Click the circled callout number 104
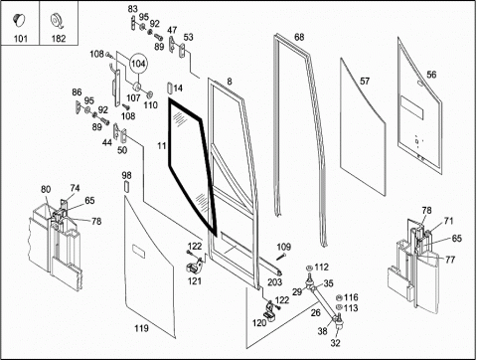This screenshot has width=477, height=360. click(138, 64)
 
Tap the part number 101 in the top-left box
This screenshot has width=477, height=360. click(20, 39)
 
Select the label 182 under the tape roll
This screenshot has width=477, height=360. click(59, 39)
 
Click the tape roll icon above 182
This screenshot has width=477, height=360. click(57, 21)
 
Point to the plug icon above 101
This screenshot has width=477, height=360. click(19, 19)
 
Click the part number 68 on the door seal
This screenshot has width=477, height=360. click(299, 37)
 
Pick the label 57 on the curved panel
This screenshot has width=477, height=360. click(365, 81)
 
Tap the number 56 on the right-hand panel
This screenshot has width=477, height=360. click(431, 75)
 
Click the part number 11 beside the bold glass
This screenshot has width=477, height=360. click(161, 145)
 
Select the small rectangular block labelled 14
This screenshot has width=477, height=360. click(169, 89)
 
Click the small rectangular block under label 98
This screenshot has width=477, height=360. click(126, 187)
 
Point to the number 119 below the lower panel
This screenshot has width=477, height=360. click(141, 328)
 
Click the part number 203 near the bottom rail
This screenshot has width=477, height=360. click(274, 282)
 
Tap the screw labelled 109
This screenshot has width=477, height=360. click(281, 257)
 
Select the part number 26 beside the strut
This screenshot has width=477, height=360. click(316, 312)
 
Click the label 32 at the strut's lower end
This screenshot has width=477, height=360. click(335, 343)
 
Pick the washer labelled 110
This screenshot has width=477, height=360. click(149, 94)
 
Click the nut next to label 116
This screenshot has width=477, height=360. click(339, 297)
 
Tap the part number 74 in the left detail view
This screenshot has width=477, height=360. click(75, 188)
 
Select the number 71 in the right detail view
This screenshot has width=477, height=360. click(448, 221)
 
